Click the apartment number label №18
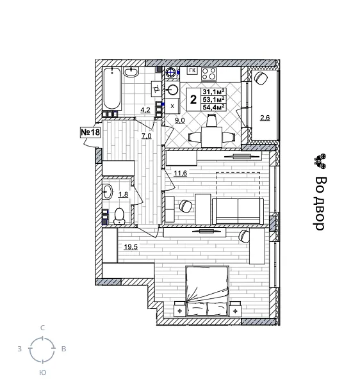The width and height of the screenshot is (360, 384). coord(90,132)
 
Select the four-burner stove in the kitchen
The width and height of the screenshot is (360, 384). coord(209,73)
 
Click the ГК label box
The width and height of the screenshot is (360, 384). coord(192,71)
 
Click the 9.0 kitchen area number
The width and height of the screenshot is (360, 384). coord(179,120)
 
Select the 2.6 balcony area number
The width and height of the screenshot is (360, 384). coord(265,117)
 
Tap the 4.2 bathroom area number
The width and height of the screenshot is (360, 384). coord(145,109)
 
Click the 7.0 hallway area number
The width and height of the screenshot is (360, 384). coord(146,136)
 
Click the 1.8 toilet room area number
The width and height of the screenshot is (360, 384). coord(123,195)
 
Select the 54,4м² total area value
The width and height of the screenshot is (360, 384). coord(213,108)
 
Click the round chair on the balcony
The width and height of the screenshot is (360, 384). coord(261,78)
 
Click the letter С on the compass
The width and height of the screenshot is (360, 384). coord(42,328)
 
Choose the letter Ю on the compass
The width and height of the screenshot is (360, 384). coord(42,372)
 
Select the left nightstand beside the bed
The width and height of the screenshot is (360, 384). coord(179,310)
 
